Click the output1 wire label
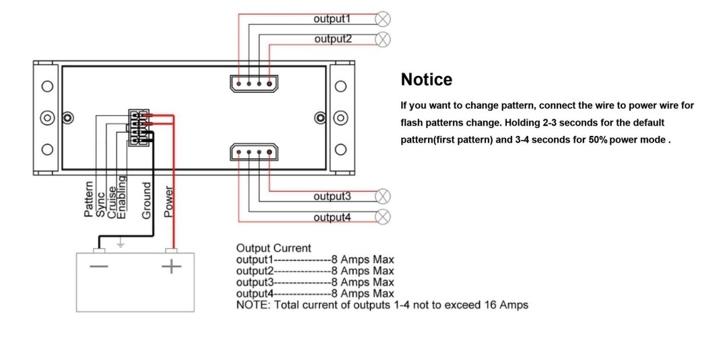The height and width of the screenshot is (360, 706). click(x=332, y=19)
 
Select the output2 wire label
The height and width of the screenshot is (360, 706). click(x=332, y=39)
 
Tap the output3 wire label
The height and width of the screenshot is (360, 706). click(x=332, y=196)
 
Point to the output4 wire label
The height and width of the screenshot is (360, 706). click(x=332, y=217)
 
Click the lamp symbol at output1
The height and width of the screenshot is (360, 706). click(x=383, y=19)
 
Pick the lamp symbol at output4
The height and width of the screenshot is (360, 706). click(x=382, y=217)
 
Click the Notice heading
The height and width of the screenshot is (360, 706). click(x=427, y=79)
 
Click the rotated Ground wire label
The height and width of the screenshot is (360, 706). click(x=147, y=200)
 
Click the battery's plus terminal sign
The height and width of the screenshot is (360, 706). click(x=172, y=267)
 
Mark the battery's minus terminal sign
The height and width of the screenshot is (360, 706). click(x=99, y=267)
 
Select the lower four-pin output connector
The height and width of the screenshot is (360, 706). click(x=254, y=153)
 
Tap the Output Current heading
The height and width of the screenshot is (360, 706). click(x=274, y=248)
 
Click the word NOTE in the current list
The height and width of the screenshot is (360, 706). click(x=251, y=305)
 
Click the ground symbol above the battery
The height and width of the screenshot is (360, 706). click(x=120, y=244)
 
